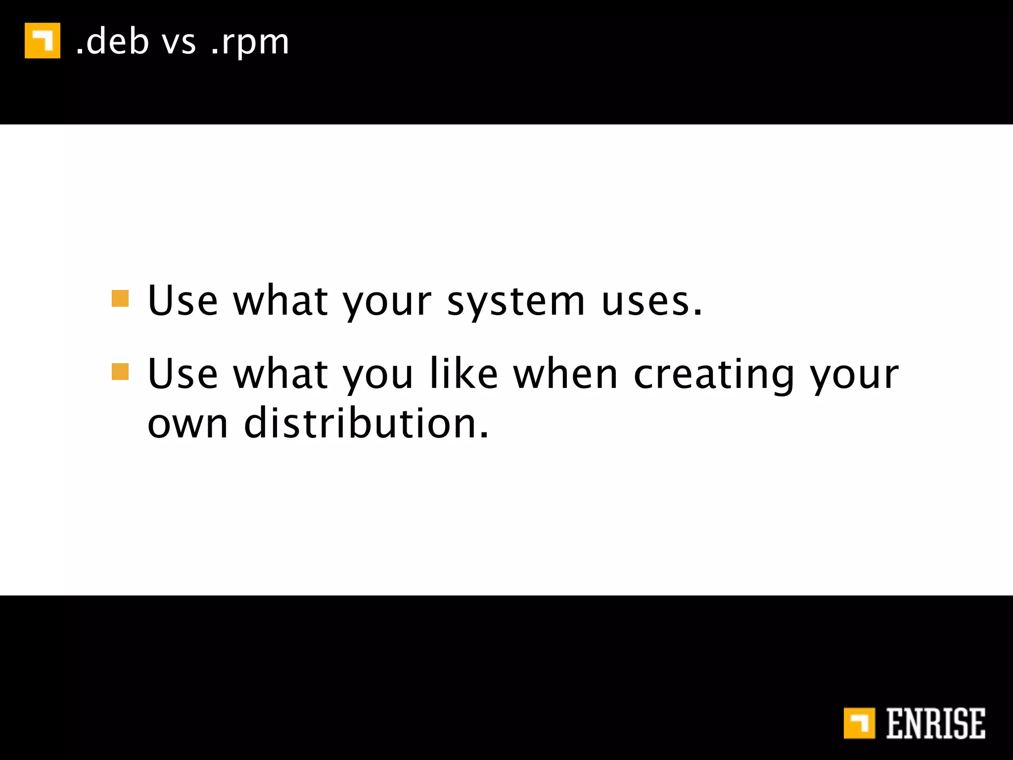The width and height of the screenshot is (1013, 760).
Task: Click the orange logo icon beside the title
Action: tap(43, 41)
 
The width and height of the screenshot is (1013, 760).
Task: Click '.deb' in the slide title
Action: tap(112, 42)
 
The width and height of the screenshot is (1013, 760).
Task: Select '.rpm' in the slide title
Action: tap(250, 44)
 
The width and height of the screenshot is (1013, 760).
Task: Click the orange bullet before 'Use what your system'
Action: tap(120, 299)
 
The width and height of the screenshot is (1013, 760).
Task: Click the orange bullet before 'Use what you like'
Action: tap(120, 372)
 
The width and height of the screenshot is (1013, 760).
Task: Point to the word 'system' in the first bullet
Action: tap(516, 302)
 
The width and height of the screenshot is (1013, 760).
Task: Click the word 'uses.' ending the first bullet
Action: tap(651, 302)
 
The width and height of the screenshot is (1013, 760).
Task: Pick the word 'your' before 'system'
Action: tap(387, 303)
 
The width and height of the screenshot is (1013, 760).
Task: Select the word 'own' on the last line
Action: tap(188, 424)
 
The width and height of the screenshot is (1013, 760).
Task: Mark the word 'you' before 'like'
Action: tap(378, 376)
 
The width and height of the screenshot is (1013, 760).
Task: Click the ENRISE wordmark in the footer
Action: tap(935, 723)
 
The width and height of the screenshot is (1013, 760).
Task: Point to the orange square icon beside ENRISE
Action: tap(859, 723)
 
